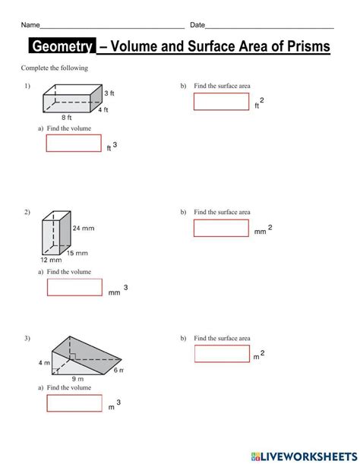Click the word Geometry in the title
click(x=62, y=47)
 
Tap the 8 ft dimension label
click(x=66, y=118)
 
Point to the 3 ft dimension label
click(x=109, y=93)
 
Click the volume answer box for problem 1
click(x=74, y=143)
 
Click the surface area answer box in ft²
click(x=221, y=102)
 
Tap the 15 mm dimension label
click(x=77, y=253)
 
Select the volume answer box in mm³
click(x=74, y=287)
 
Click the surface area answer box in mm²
click(x=221, y=227)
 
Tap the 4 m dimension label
click(x=44, y=363)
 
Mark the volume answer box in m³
click(x=74, y=403)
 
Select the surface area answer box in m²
click(x=222, y=353)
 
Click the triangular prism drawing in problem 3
click(x=84, y=355)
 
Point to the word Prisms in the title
click(x=305, y=47)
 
